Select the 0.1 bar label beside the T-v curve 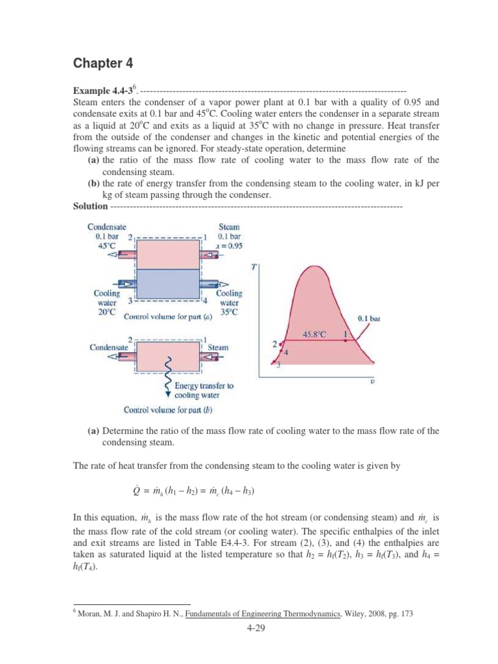pos(370,318)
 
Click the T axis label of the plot pos(252,267)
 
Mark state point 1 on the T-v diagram pos(345,334)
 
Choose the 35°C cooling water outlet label pos(229,312)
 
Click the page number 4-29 pos(248,628)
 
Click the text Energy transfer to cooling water pos(204,390)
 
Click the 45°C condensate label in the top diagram pos(107,247)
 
